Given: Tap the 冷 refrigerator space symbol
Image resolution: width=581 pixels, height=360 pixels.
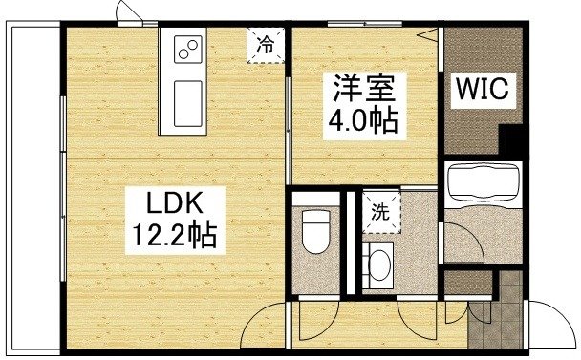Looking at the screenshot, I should tap(265, 44).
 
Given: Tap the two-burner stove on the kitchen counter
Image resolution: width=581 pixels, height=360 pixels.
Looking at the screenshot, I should tap(187, 47).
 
